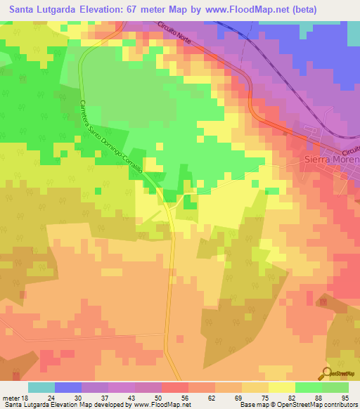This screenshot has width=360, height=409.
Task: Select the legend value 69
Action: tap(229, 397)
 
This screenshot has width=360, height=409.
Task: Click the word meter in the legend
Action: tap(10, 397)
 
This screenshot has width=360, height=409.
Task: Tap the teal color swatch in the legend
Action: tap(41, 387)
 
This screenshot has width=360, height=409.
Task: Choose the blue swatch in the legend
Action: tap(68, 387)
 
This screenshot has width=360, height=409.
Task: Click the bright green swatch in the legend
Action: tap(309, 387)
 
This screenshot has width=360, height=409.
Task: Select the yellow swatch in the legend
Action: tap(282, 387)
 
